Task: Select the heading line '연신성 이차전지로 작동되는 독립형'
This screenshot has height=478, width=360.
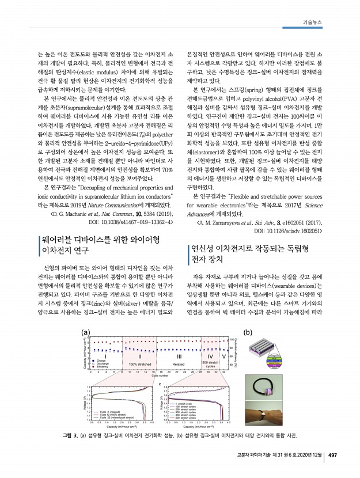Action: (x=252, y=249)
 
